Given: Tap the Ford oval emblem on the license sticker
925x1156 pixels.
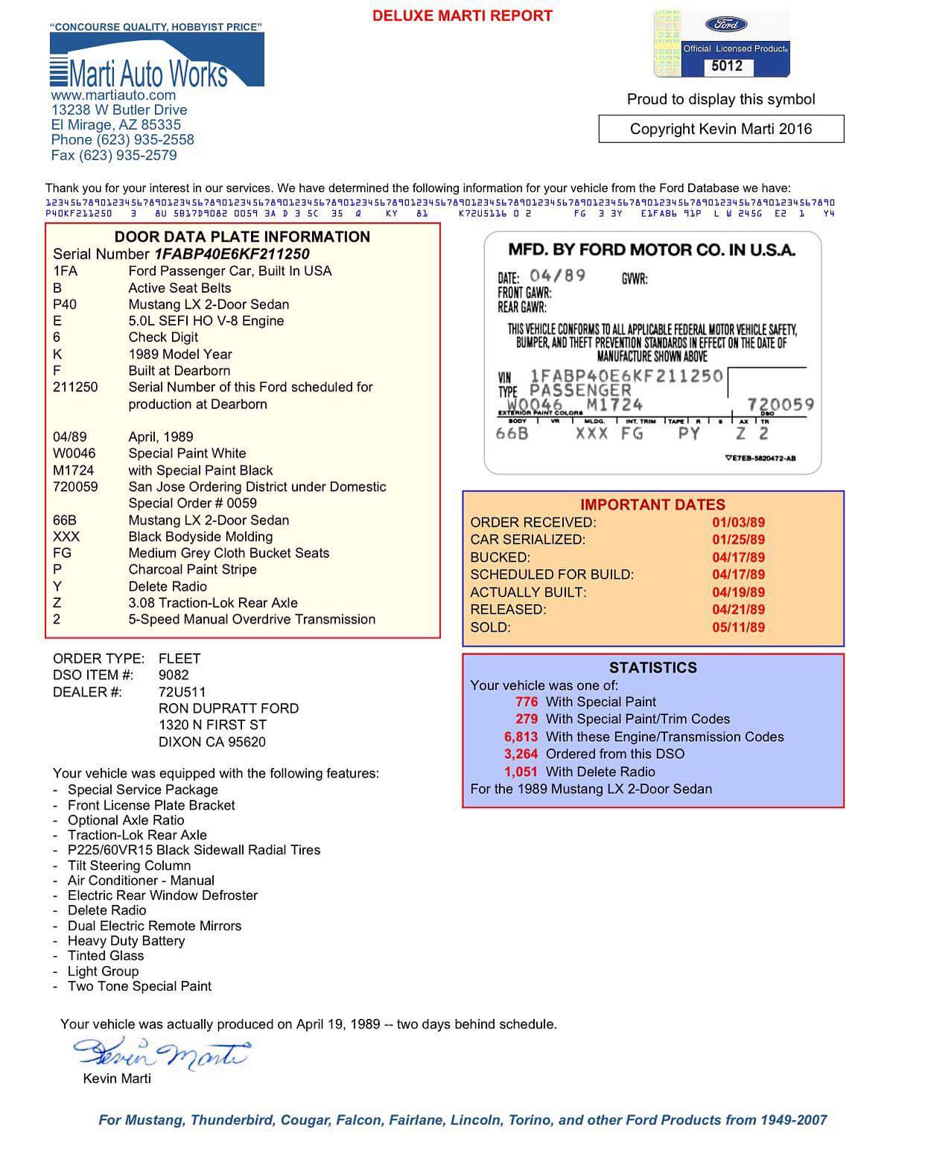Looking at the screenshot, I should [725, 24].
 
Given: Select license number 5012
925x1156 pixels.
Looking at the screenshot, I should [726, 66].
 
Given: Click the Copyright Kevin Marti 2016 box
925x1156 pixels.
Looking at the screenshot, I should [721, 129].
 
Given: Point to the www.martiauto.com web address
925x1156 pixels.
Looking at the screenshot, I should [113, 95].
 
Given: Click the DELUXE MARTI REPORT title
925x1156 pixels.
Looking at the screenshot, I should [462, 16].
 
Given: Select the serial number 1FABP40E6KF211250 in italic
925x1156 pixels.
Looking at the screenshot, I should [232, 254].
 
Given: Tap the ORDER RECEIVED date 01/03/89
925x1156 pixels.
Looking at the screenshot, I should [738, 522].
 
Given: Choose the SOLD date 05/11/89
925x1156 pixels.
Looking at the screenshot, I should [738, 627].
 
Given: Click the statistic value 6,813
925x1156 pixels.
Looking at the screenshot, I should [521, 737].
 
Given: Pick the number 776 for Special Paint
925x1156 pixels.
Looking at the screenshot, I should [526, 702].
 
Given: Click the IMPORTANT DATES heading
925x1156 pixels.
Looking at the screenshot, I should [652, 504].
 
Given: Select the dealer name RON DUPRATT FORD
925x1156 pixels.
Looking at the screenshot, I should [228, 708].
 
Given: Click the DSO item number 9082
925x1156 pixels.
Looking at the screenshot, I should [174, 675].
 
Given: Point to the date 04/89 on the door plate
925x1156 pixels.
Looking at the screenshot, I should [557, 276].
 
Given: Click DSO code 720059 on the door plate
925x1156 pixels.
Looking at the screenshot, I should [781, 404].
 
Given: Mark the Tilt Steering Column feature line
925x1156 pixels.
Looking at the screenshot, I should [129, 866].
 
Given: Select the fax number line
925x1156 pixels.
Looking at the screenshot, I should [114, 156].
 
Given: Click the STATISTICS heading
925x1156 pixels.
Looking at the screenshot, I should [652, 667].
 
